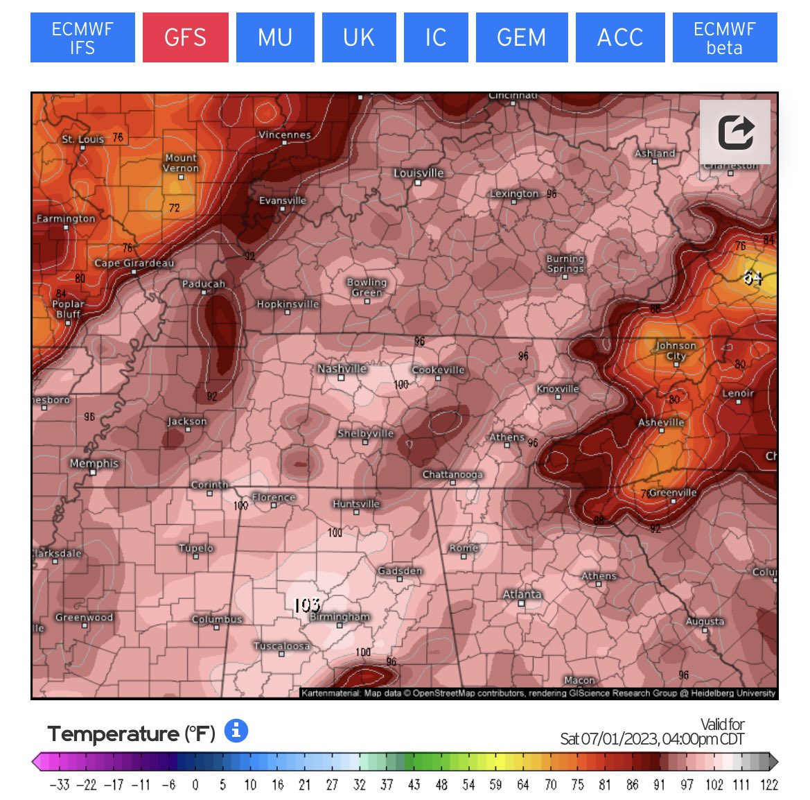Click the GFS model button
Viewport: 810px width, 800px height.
pos(185,37)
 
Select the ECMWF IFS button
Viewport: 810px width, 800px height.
pos(82,37)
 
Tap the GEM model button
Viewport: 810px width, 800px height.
pos(521,37)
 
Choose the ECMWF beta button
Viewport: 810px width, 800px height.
pos(724,37)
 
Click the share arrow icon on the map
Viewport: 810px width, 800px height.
pos(734,132)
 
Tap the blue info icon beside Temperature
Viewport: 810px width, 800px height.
pos(236,731)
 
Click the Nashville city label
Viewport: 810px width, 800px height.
pos(342,369)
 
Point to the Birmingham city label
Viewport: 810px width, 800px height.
pos(340,616)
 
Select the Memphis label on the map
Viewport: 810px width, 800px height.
pos(94,463)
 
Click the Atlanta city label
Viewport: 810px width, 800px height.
pos(522,594)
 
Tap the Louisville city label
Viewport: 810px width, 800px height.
pos(419,173)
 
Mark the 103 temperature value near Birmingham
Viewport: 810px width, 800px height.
pos(306,605)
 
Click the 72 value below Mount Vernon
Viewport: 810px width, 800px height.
pos(174,207)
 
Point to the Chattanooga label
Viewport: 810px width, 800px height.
pos(452,475)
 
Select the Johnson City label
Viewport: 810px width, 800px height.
pos(676,350)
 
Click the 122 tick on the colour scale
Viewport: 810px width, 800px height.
pos(769,785)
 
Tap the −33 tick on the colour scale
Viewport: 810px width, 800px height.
pos(60,785)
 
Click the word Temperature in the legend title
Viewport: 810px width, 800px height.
pos(113,733)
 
